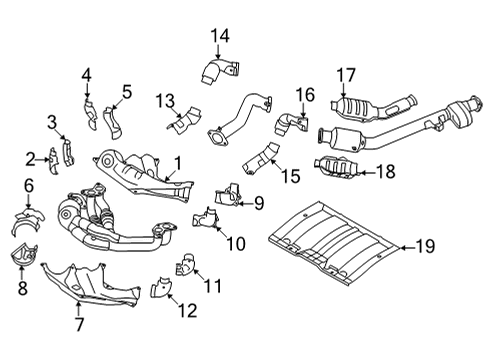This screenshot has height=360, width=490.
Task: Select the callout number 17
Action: pos(345,73)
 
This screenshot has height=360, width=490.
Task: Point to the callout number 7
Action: pos(77,323)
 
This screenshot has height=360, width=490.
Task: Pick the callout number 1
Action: pos(176,163)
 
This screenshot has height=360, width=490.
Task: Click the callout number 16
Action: pos(305,95)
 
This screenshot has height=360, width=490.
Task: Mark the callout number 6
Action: pos(29,184)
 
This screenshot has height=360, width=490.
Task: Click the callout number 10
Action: pos(236,243)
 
